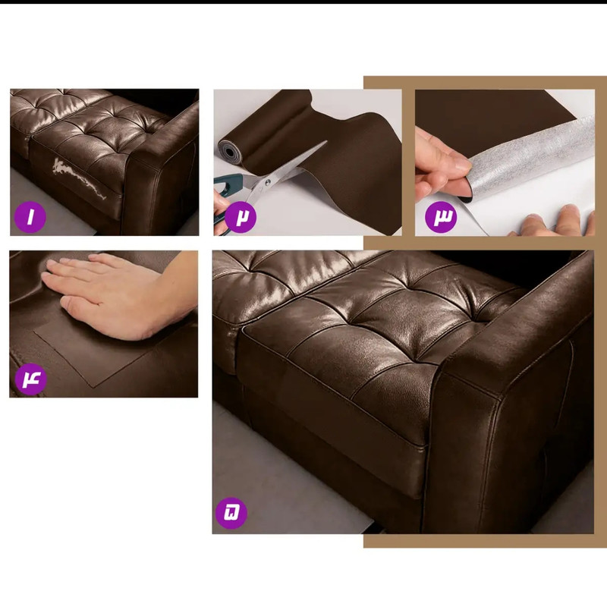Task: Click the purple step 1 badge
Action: pos(30,217)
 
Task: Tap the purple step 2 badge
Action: pos(240,217)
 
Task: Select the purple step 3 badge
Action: pos(441,217)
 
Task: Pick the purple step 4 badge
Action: pos(31,379)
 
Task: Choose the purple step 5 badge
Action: pos(231,513)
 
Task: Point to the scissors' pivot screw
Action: pos(266,182)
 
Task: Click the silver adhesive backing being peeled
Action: pos(530,162)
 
